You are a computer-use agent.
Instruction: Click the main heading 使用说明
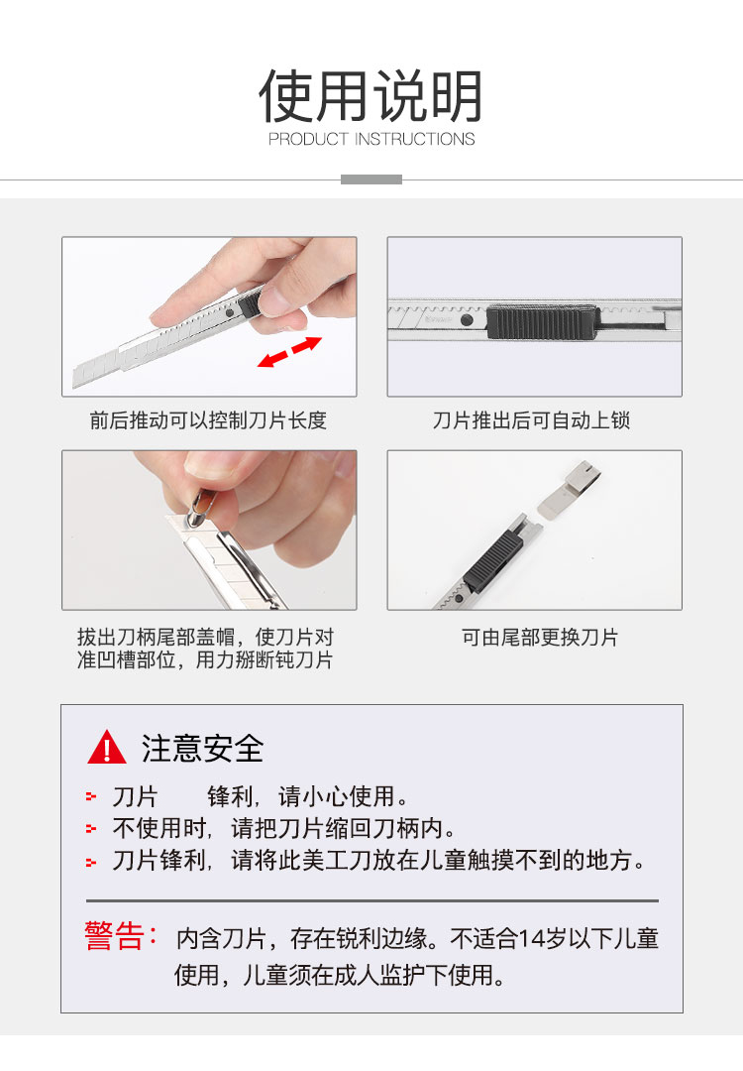point(371,95)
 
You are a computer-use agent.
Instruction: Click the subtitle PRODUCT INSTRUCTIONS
point(371,139)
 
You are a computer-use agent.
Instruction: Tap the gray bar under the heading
point(371,179)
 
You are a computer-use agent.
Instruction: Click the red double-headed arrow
point(289,352)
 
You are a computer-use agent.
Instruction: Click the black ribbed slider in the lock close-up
point(543,322)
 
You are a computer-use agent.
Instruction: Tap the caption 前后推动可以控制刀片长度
point(208,420)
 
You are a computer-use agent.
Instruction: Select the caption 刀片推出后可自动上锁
point(532,420)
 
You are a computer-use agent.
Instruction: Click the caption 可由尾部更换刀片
point(540,638)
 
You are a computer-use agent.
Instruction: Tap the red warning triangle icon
point(106,747)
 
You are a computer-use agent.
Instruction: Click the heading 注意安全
point(203,748)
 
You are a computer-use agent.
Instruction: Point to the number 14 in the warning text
point(533,938)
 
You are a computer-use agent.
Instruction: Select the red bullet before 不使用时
point(91,828)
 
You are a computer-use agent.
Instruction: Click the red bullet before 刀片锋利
point(91,862)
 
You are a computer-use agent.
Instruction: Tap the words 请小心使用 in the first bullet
point(337,796)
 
